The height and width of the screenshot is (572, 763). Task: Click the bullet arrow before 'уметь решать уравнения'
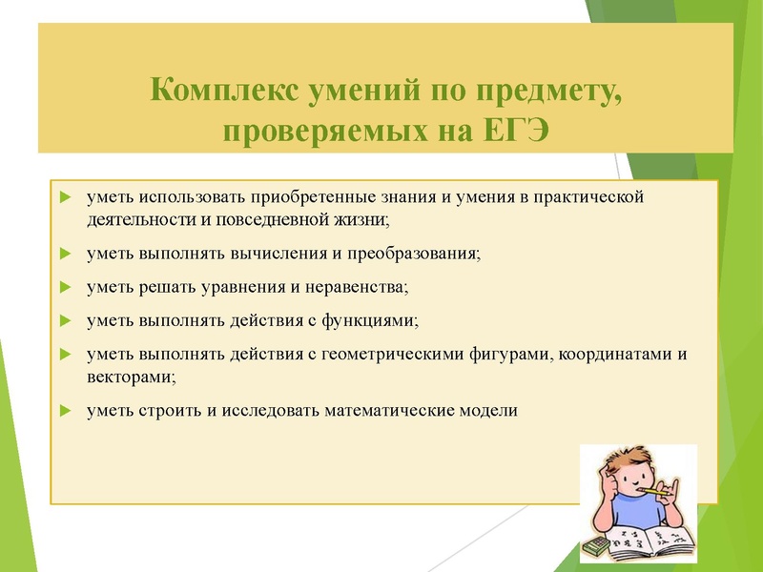(64, 286)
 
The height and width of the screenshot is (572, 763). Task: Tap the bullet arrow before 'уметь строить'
(64, 411)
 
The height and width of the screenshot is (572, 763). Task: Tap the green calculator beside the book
(595, 545)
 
